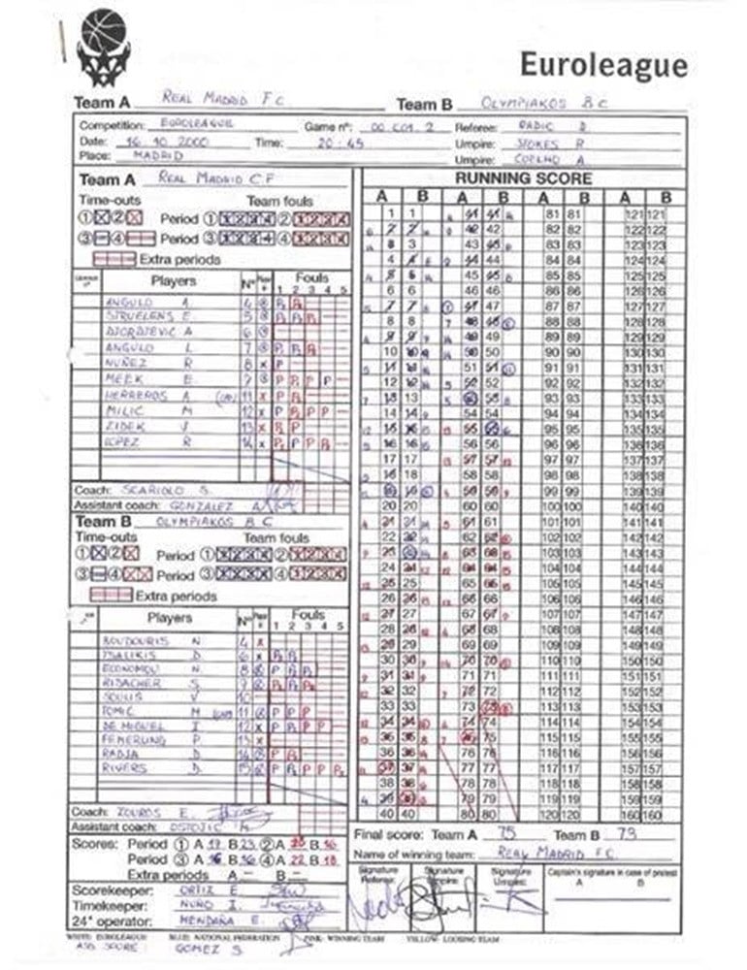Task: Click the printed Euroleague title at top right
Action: pyautogui.click(x=603, y=65)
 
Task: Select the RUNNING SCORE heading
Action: pyautogui.click(x=523, y=178)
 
